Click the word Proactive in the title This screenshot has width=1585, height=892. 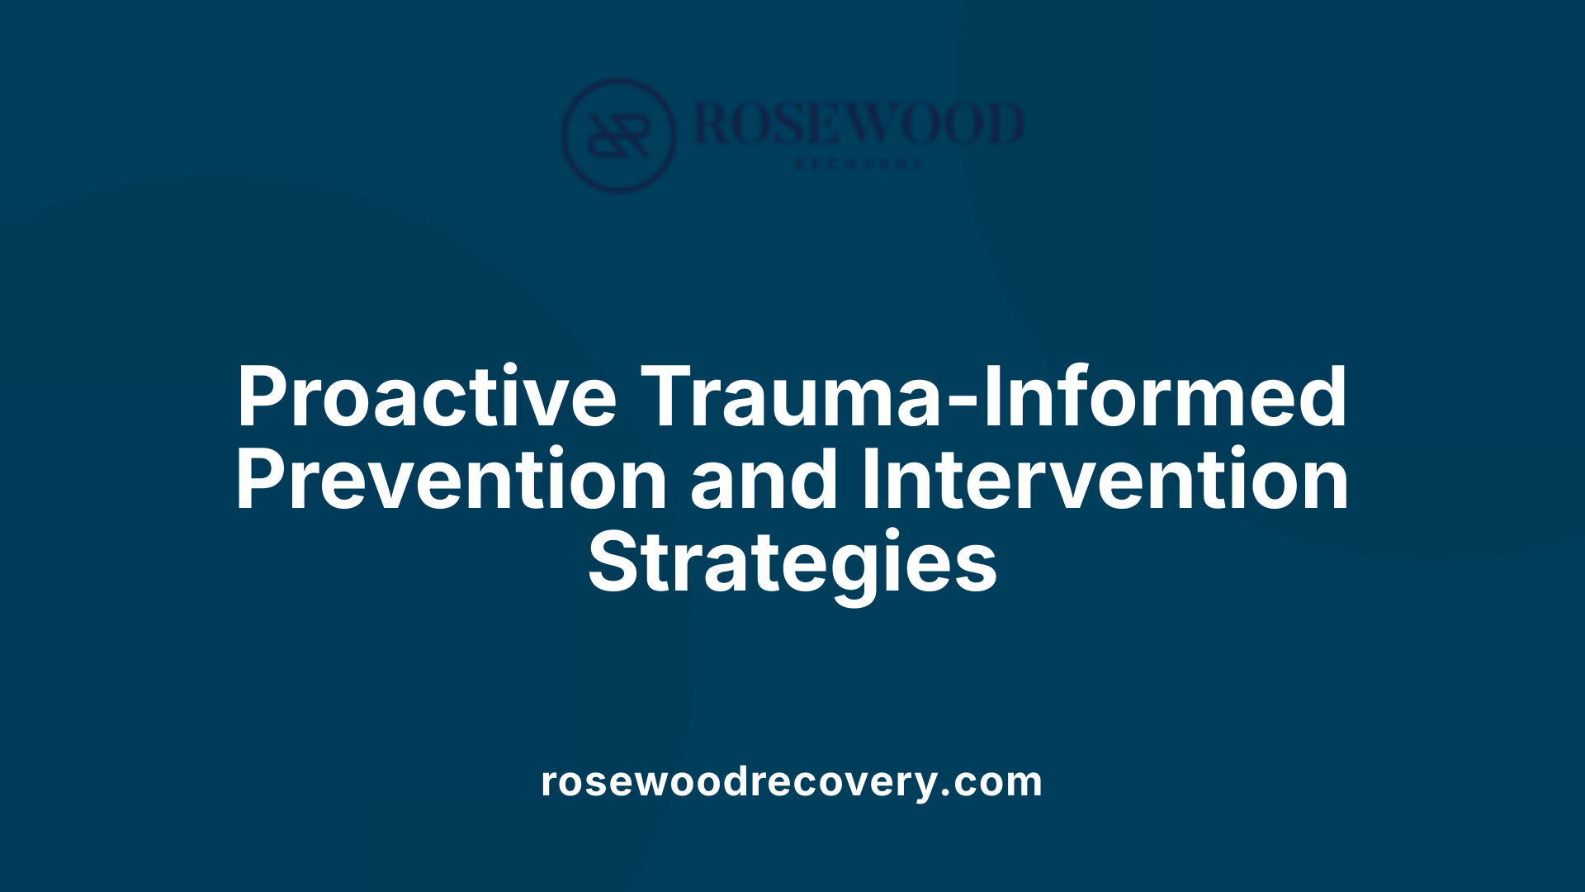coord(426,397)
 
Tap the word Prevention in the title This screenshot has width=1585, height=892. coord(451,480)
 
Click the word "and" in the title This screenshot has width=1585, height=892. coord(764,480)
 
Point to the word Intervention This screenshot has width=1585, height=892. coord(1105,480)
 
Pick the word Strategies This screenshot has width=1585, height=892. coord(792,562)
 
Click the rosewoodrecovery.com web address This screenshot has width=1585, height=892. coord(792,781)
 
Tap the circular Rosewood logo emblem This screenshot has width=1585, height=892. coord(618,135)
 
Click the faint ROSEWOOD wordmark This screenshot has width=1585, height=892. coord(859,124)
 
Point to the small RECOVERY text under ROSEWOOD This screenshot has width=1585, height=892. coord(859,164)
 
